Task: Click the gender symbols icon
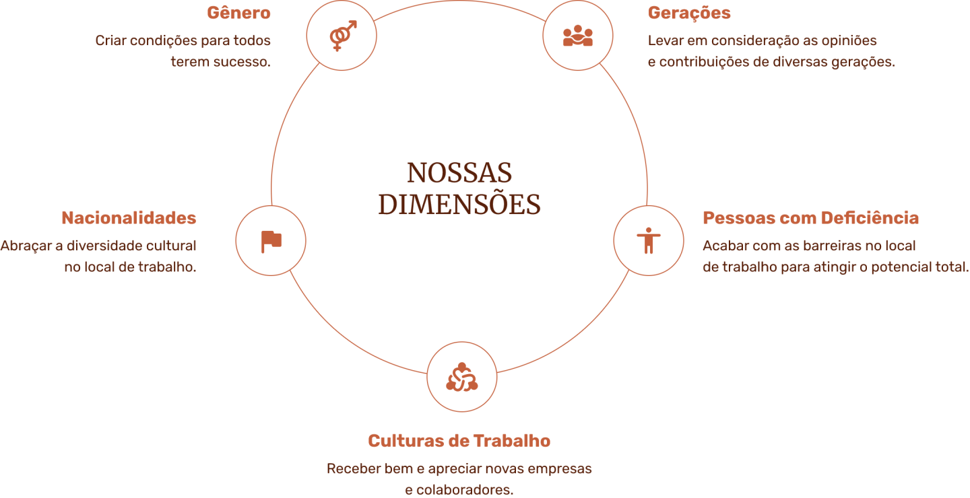coord(342,36)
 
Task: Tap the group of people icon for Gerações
coord(577,36)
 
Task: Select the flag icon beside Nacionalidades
coord(271,241)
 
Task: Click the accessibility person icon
coord(648,240)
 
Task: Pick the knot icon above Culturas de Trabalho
coord(462,377)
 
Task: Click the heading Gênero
coord(238,13)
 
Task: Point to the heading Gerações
coord(689,13)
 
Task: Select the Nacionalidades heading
coord(129,218)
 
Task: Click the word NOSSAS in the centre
coord(459,173)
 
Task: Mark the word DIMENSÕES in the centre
coord(459,205)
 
